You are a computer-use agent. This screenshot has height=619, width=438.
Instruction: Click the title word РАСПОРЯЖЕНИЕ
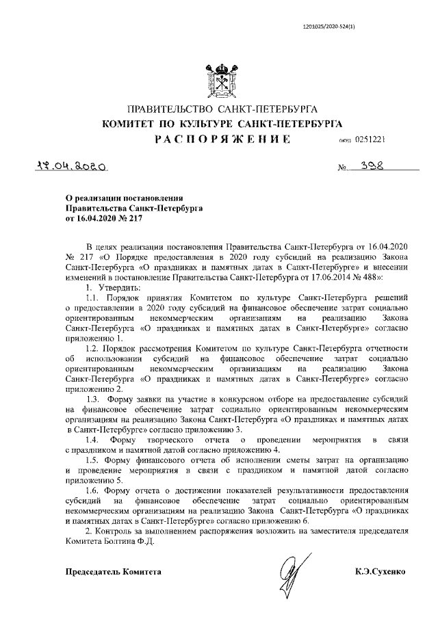220,140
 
